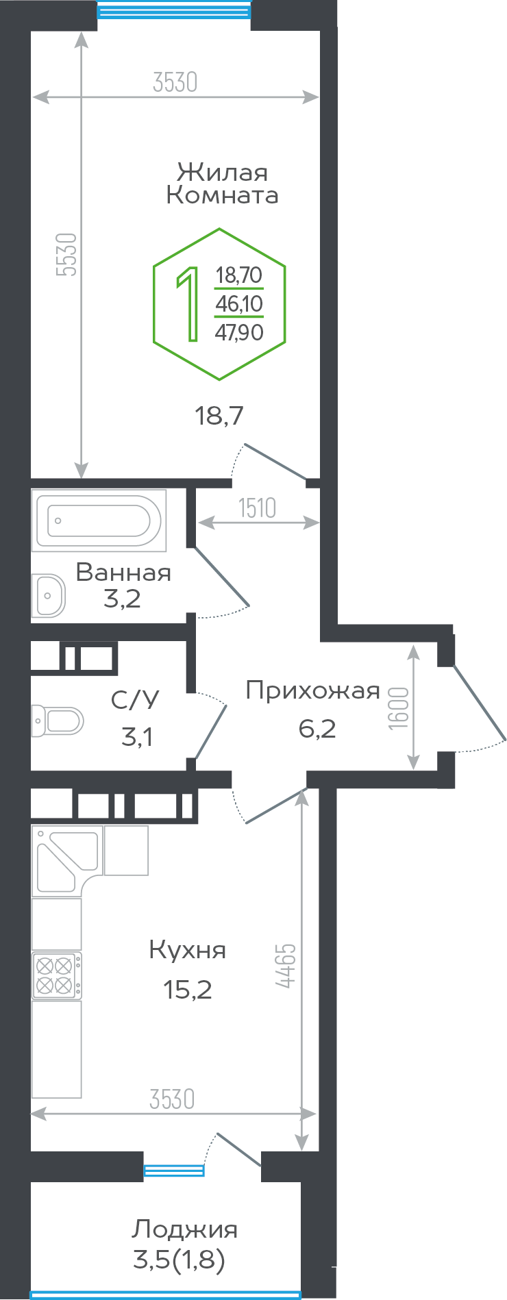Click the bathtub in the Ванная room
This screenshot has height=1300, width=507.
coord(99,521)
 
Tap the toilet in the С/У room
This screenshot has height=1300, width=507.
coord(59,721)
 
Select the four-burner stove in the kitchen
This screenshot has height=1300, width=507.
coord(56,975)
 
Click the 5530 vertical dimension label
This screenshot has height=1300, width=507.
coord(68,255)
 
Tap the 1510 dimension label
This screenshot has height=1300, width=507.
coord(257,508)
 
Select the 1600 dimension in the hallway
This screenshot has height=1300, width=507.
coord(398,708)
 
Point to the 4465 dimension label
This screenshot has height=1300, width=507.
coord(286,966)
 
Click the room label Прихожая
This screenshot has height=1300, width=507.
coord(312,690)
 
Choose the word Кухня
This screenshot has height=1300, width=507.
coord(187,950)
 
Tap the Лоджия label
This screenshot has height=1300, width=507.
coord(184,1229)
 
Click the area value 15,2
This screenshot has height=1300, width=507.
coord(187,989)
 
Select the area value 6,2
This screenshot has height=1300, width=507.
coord(317,728)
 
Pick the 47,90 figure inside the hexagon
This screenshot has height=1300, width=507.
coord(239,333)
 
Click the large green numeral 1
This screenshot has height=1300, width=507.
coord(188,303)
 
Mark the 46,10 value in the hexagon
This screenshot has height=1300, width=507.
coord(239,303)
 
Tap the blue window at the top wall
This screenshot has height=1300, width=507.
coord(174,10)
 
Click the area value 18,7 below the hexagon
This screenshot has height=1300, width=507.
coord(219,415)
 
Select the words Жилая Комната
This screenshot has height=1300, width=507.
coord(222,184)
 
